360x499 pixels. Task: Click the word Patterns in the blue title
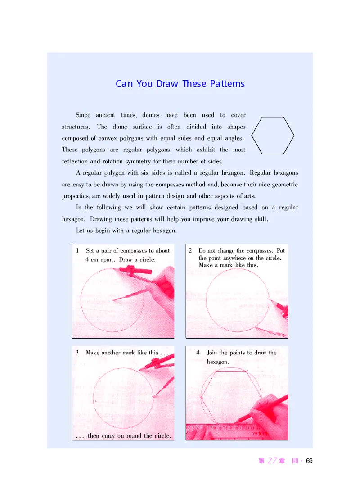point(227,84)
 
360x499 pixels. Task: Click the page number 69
point(309,461)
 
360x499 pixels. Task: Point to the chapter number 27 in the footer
point(272,460)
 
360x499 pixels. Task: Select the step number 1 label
point(77,250)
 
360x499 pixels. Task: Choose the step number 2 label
point(190,250)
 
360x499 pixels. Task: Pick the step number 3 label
point(77,352)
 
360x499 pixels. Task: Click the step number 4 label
point(198,352)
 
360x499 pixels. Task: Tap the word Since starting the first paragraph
point(83,115)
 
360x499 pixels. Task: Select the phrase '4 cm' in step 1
point(92,259)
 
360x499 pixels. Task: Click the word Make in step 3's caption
point(93,353)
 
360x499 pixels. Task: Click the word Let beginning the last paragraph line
point(80,231)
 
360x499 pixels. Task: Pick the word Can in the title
point(124,84)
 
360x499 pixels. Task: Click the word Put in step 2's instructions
point(281,250)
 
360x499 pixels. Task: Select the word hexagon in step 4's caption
point(217,362)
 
